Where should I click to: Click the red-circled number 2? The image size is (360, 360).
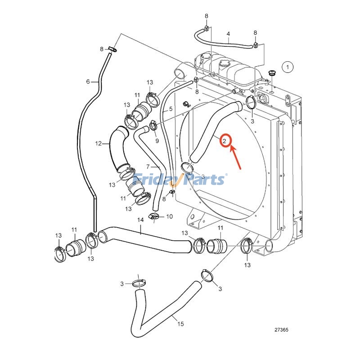[x=224, y=141]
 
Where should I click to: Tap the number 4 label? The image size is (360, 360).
[x=228, y=34]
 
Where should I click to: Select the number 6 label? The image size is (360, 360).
[x=88, y=81]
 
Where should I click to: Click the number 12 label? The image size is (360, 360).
[x=98, y=144]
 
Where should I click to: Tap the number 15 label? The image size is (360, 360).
[x=180, y=324]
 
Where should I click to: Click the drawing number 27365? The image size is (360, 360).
[x=281, y=330]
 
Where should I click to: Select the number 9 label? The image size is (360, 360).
[x=157, y=141]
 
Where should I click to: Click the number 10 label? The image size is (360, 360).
[x=169, y=216]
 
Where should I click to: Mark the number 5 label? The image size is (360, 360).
[x=171, y=109]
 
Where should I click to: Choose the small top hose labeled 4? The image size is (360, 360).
[x=220, y=40]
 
